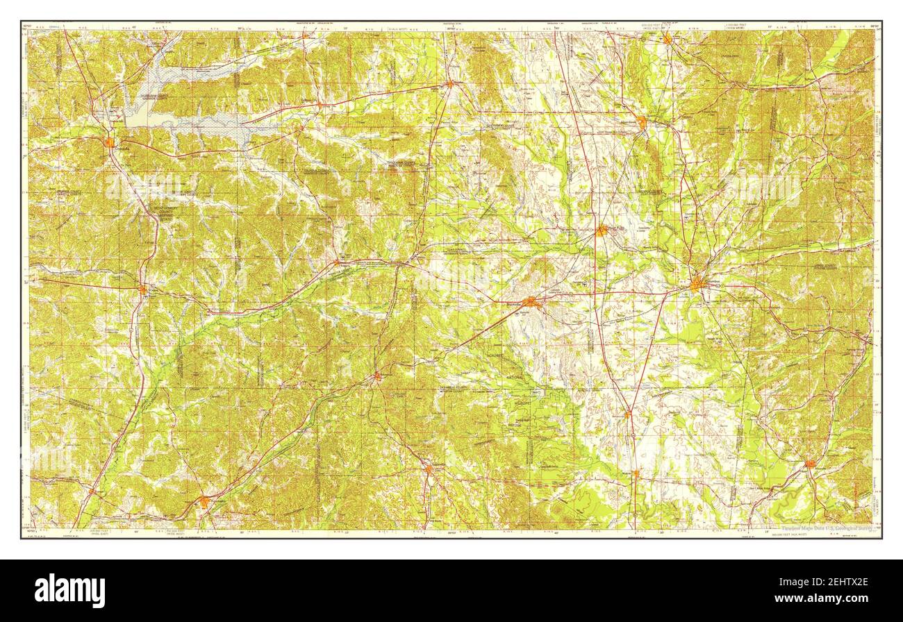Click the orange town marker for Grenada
tap(110, 142)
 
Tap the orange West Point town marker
tap(602, 230)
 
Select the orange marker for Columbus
tap(697, 283)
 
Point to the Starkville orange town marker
tap(531, 301)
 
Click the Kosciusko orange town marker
tap(204, 501)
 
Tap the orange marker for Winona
tap(142, 289)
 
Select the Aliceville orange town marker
tap(810, 464)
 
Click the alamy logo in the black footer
tap(69, 591)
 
